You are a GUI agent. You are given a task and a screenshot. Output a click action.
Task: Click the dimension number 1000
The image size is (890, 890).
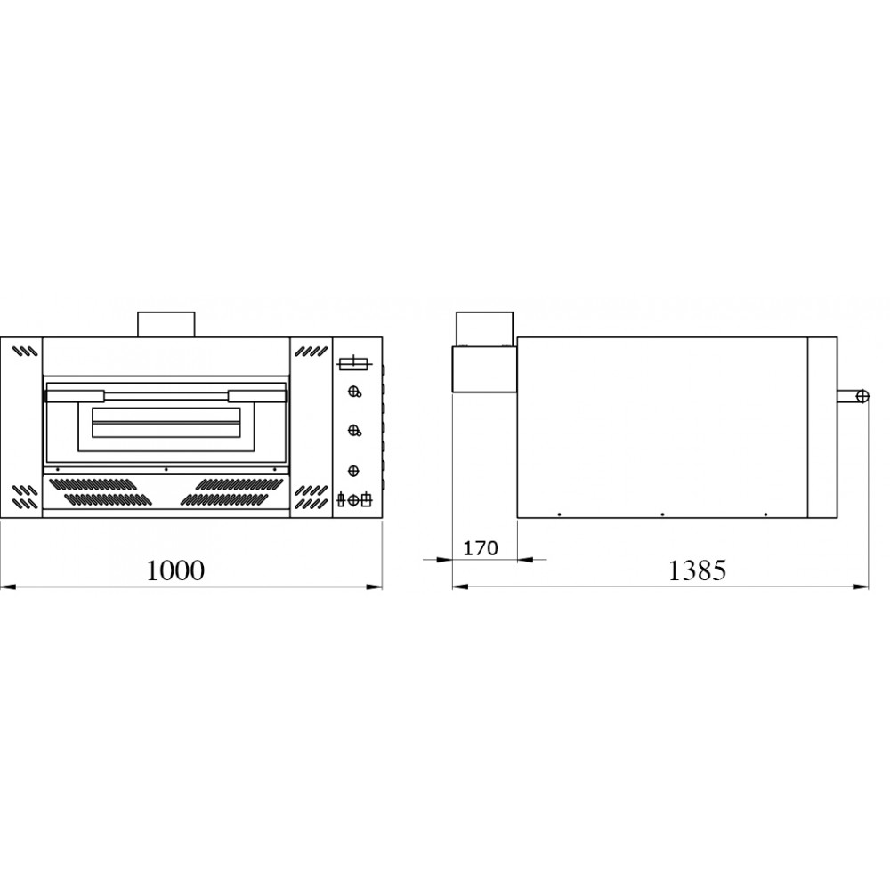click(x=175, y=570)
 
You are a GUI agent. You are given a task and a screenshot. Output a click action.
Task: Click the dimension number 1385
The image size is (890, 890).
click(x=697, y=570)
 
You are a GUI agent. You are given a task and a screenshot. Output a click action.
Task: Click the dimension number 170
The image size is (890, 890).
click(x=481, y=548)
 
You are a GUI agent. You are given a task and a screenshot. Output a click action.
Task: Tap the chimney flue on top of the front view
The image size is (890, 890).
click(x=166, y=324)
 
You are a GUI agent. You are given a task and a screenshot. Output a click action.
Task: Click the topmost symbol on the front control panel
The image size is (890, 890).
click(x=353, y=362)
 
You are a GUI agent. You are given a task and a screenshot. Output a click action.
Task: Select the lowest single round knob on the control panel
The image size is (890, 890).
click(x=353, y=469)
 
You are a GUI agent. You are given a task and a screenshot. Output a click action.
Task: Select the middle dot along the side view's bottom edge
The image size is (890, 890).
click(x=661, y=514)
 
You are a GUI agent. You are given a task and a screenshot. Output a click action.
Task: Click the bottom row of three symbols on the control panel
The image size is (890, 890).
click(x=353, y=499)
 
